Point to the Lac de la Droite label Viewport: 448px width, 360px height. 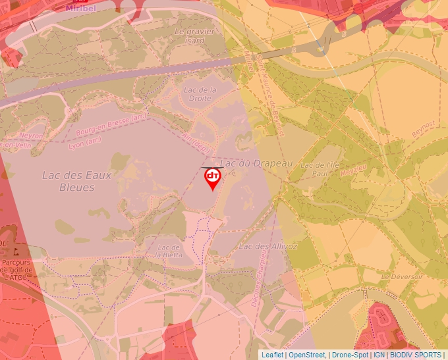[x=200, y=94]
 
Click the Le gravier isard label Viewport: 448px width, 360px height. [x=190, y=36]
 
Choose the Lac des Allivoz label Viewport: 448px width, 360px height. [x=268, y=246]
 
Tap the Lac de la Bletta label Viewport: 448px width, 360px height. [x=169, y=251]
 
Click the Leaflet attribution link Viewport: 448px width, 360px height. [x=272, y=355]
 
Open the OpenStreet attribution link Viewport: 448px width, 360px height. [x=307, y=355]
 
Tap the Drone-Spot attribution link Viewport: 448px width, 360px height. [x=350, y=355]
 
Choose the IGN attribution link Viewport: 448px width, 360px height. [x=379, y=355]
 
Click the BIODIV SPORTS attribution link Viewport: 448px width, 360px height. [x=415, y=355]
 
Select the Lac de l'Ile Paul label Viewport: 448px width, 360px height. [x=314, y=169]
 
